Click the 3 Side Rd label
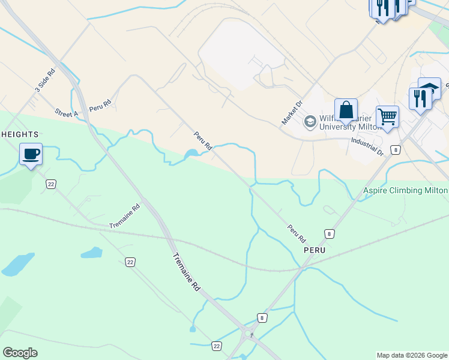click(45, 80)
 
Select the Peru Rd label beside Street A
click(100, 105)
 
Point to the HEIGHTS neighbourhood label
click(20, 134)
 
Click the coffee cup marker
click(31, 154)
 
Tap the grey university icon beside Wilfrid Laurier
click(310, 122)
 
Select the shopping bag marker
click(346, 110)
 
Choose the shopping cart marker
click(387, 117)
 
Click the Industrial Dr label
click(367, 146)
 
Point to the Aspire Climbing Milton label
click(405, 190)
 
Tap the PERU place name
click(314, 249)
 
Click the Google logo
click(20, 352)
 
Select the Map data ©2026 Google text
click(412, 355)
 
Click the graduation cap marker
click(429, 89)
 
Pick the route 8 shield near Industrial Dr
click(394, 150)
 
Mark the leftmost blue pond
click(17, 264)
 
